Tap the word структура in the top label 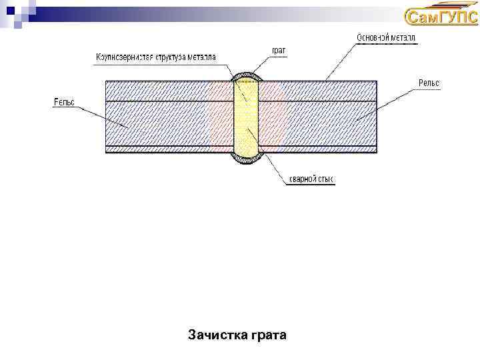171,57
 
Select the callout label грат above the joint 279,51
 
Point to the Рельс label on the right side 429,83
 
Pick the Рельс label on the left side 64,101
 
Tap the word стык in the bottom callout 326,179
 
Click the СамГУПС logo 441,17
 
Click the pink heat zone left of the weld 221,117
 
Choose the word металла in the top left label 202,57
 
